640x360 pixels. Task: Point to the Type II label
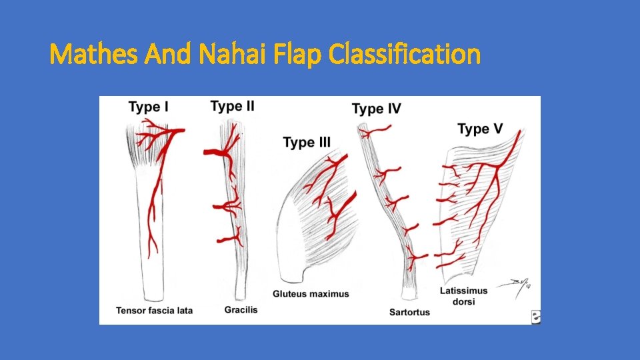click(x=232, y=106)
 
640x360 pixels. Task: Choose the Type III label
click(x=307, y=142)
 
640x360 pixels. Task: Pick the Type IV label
click(x=376, y=108)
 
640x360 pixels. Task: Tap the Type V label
click(x=482, y=128)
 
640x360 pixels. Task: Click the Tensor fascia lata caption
click(x=154, y=311)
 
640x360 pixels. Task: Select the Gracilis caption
click(x=241, y=310)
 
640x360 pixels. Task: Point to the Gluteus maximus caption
click(x=311, y=294)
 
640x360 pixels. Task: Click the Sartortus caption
click(x=409, y=311)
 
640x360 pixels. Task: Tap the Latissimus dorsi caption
click(x=464, y=296)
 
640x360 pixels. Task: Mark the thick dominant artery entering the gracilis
click(x=214, y=153)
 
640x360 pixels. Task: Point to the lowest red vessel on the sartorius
click(x=417, y=257)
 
